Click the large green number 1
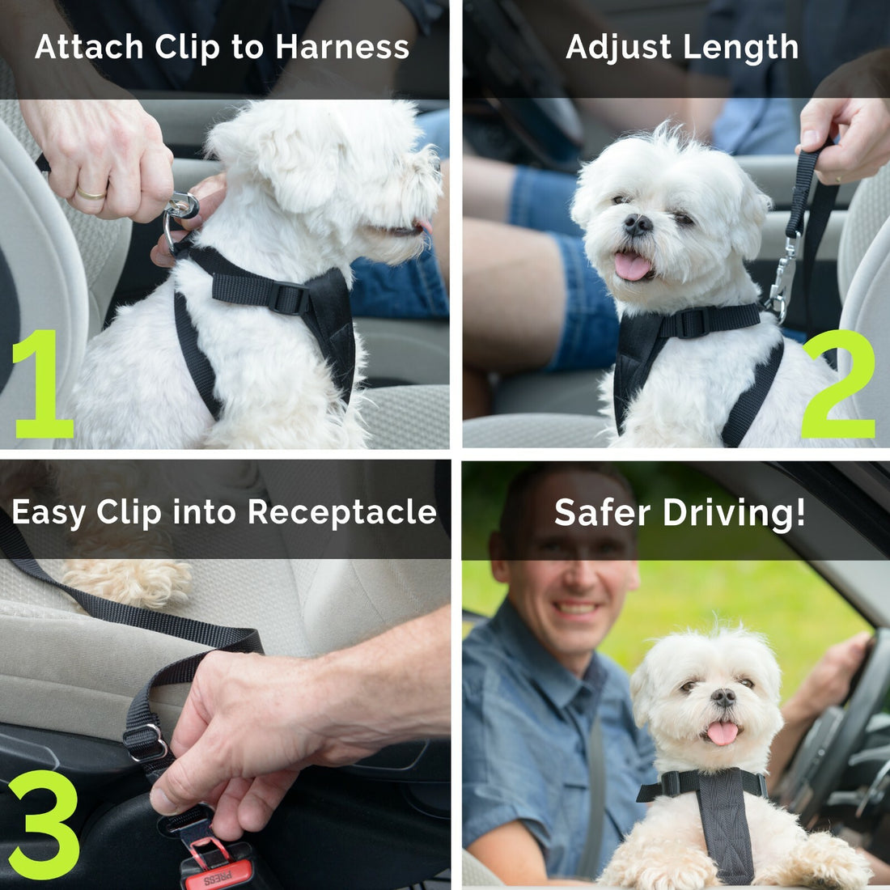pyautogui.click(x=44, y=384)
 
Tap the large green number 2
pyautogui.click(x=838, y=384)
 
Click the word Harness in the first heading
pyautogui.click(x=342, y=47)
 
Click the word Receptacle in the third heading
pyautogui.click(x=341, y=512)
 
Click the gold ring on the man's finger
pyautogui.click(x=91, y=193)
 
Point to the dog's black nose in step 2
pyautogui.click(x=638, y=224)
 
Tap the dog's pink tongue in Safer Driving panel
pyautogui.click(x=723, y=732)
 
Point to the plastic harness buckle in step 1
pyautogui.click(x=288, y=298)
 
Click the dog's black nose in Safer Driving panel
pyautogui.click(x=723, y=697)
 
